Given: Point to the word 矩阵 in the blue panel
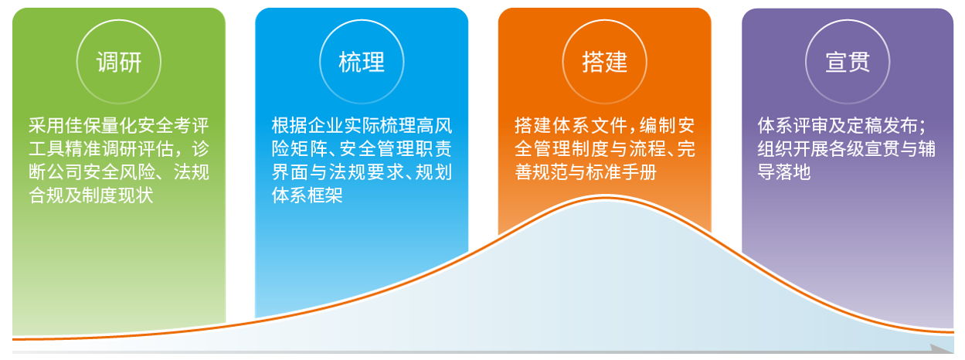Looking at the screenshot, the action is [x=308, y=149].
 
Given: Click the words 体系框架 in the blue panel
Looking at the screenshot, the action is [x=308, y=195].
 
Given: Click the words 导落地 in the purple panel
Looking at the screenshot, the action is [x=784, y=172].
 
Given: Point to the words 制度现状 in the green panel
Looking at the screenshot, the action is [x=117, y=195].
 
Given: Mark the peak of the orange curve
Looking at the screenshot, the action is [x=605, y=197].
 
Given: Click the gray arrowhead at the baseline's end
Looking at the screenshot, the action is [x=942, y=349].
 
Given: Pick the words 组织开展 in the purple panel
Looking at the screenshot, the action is [x=793, y=149].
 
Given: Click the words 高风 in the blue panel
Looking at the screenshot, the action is [x=435, y=126].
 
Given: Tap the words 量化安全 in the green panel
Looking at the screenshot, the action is [x=137, y=126].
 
